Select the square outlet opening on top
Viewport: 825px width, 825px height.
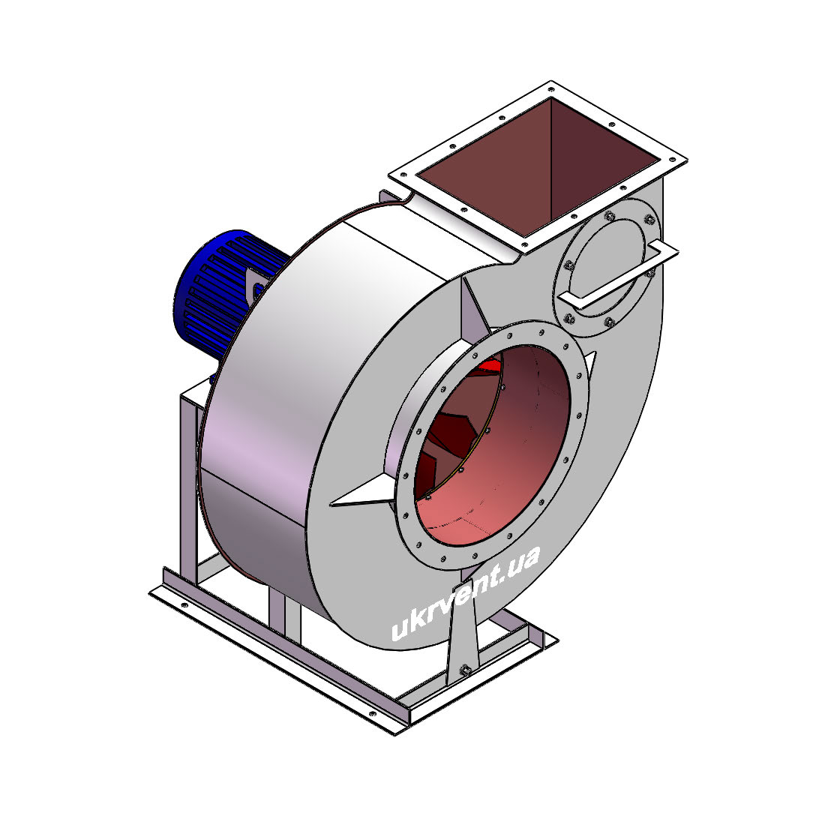pos(538,166)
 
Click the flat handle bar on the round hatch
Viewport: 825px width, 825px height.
pos(618,274)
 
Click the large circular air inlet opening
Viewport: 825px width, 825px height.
pos(492,445)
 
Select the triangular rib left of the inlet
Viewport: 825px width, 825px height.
pos(363,493)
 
